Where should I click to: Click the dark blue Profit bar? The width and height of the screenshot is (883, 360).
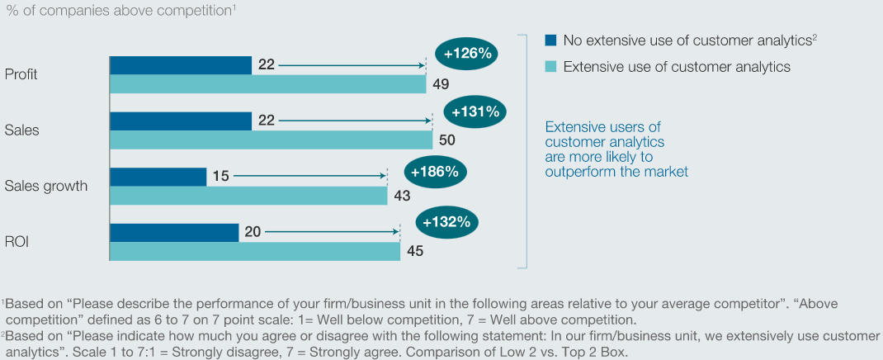pyautogui.click(x=181, y=65)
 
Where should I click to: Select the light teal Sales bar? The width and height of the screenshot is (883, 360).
pyautogui.click(x=271, y=140)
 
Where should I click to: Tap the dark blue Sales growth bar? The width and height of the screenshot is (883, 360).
pyautogui.click(x=158, y=177)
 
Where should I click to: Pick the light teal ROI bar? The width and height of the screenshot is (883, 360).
pyautogui.click(x=254, y=251)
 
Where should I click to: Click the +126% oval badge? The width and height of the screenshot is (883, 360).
pyautogui.click(x=469, y=54)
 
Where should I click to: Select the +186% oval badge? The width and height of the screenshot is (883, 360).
pyautogui.click(x=435, y=172)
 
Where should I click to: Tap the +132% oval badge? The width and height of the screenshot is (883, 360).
pyautogui.click(x=446, y=222)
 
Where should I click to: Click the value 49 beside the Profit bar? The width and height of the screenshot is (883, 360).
pyautogui.click(x=441, y=84)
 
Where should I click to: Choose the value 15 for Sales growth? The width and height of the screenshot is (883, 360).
pyautogui.click(x=221, y=177)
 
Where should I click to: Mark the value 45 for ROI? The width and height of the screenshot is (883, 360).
pyautogui.click(x=414, y=251)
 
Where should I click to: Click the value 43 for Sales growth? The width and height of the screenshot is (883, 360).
pyautogui.click(x=401, y=196)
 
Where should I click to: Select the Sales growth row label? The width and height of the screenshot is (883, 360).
pyautogui.click(x=46, y=187)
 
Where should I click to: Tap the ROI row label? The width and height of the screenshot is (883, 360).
pyautogui.click(x=17, y=242)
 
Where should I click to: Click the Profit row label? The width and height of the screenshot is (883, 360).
pyautogui.click(x=21, y=73)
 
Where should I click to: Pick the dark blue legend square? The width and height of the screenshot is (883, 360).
pyautogui.click(x=550, y=40)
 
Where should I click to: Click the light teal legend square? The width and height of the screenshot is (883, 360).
pyautogui.click(x=550, y=67)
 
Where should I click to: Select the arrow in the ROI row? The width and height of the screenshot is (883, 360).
pyautogui.click(x=331, y=231)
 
